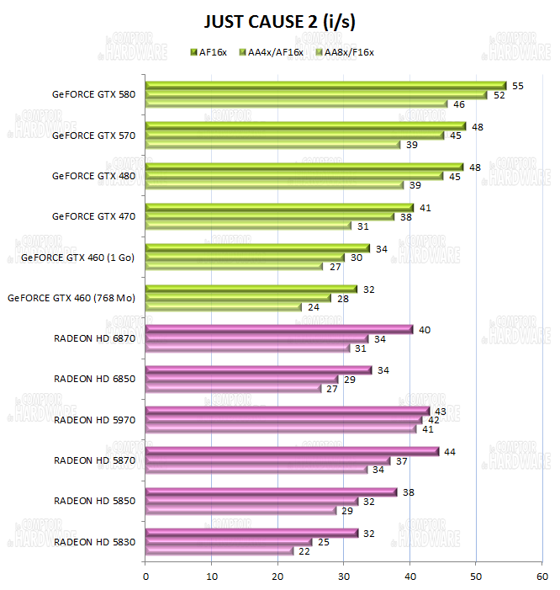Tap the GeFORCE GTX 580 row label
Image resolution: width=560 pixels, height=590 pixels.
[93, 94]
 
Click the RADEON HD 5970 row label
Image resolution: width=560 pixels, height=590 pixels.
[94, 419]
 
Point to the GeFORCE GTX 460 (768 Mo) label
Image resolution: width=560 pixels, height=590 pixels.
[71, 297]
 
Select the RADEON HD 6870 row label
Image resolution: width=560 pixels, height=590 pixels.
[94, 338]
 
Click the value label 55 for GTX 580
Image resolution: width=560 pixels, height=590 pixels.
[518, 86]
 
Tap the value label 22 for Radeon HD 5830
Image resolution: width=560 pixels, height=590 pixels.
[304, 551]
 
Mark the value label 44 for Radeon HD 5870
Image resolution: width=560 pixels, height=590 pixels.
[450, 452]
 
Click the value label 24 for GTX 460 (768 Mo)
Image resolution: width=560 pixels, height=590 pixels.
[314, 307]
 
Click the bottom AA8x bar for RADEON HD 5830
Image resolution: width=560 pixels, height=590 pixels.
[219, 551]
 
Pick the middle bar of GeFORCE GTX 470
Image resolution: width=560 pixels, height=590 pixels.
[270, 216]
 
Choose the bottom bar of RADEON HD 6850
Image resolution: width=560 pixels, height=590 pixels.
[233, 388]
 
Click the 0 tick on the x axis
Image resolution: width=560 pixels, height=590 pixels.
[146, 577]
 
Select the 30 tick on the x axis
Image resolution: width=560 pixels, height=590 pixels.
[344, 577]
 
